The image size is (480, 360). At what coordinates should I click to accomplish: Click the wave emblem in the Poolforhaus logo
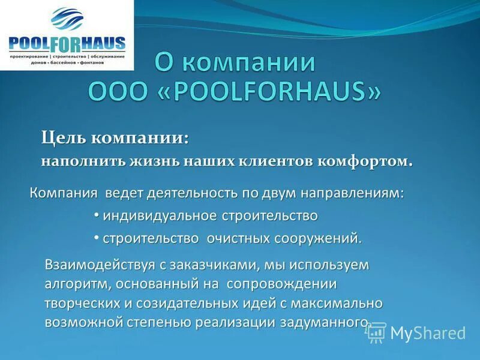67,19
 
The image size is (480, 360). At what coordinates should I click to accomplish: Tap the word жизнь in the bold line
139,145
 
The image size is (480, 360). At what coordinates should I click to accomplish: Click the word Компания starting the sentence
64,194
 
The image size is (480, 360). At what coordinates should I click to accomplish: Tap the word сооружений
319,238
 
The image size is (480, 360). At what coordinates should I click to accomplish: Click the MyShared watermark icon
376,332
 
